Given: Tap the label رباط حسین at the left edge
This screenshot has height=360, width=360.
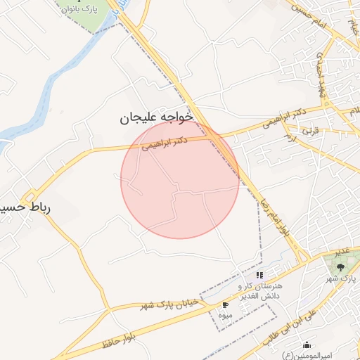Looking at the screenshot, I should [x=25, y=209].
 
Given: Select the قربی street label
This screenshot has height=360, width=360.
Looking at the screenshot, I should [x=310, y=131].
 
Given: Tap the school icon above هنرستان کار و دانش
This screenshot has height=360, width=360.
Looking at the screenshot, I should [x=259, y=276].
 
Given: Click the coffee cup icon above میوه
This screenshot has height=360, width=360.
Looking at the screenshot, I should [x=225, y=305].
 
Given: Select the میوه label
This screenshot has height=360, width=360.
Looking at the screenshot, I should [x=225, y=316].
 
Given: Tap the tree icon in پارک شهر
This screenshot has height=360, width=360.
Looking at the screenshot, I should [x=340, y=267].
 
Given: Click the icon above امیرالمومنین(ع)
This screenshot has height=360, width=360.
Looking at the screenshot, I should [x=307, y=345].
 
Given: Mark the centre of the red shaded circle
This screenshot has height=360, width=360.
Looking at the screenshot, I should [x=180, y=179].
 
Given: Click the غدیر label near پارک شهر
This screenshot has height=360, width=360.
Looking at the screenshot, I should [x=342, y=251].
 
